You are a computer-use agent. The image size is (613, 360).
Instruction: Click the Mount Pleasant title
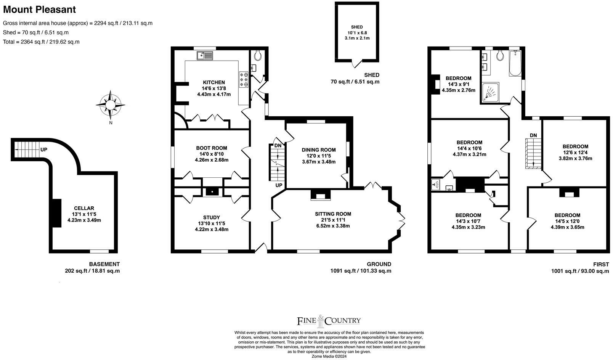[x=39, y=10]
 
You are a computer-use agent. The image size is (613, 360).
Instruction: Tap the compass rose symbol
[x=110, y=105]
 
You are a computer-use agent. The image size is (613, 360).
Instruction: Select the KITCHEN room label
[x=214, y=82]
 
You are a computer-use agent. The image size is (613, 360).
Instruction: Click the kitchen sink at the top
[x=205, y=56]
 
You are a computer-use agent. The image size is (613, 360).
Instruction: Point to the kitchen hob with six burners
[x=244, y=79]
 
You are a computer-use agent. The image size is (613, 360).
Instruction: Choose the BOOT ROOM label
[x=212, y=148]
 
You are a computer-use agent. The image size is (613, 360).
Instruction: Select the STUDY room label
[x=212, y=218]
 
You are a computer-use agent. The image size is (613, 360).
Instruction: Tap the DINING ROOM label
[x=319, y=150]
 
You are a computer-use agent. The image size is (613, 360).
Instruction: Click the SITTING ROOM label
[x=333, y=214]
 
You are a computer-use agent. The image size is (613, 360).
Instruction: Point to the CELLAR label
[x=84, y=208]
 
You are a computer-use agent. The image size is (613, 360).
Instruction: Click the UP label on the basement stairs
[x=44, y=150]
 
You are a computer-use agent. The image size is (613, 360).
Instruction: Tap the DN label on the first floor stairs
[x=533, y=135]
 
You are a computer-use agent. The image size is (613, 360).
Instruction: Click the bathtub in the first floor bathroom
[x=515, y=63]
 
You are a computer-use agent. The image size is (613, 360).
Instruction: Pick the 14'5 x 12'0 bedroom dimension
[x=567, y=221]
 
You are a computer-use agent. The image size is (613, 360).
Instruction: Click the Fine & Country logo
[x=329, y=321]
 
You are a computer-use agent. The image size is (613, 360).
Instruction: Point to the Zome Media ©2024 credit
[x=329, y=357]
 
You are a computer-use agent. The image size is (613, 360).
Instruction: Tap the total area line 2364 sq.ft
[x=41, y=42]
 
